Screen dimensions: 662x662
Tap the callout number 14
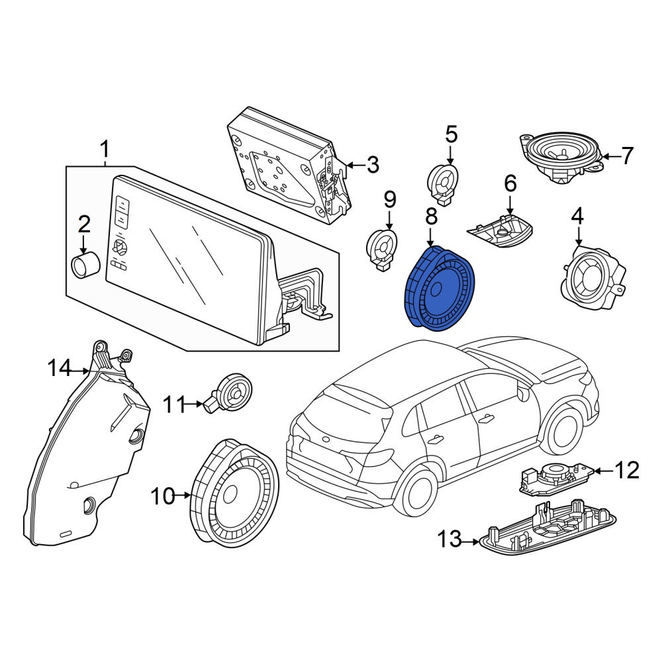click(x=59, y=368)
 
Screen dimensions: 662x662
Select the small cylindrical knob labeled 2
click(x=85, y=265)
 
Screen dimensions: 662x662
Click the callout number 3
click(x=373, y=165)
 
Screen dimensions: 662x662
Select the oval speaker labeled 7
click(x=561, y=157)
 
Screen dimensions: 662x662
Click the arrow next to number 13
click(x=471, y=541)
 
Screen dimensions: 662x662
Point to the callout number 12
click(x=627, y=470)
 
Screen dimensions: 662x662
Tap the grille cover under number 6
click(x=500, y=231)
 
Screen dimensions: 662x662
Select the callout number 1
click(x=105, y=150)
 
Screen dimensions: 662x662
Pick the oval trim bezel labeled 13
click(x=547, y=528)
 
